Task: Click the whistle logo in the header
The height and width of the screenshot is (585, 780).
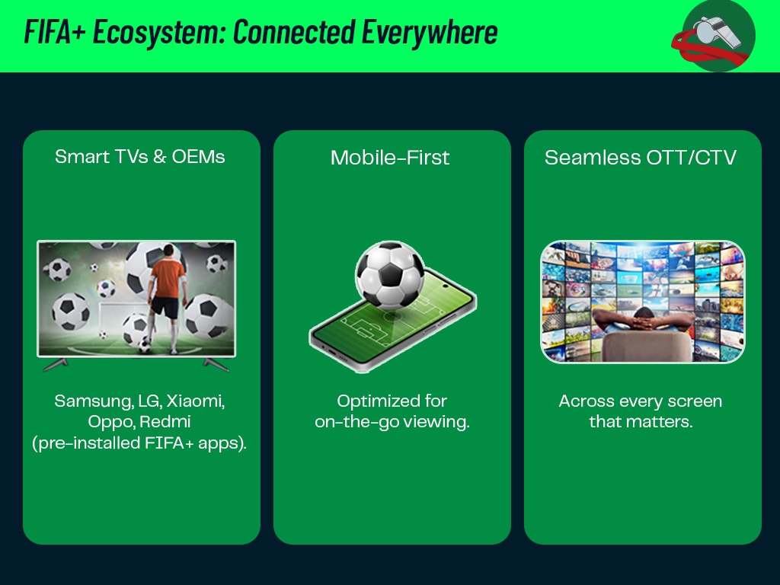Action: click(716, 35)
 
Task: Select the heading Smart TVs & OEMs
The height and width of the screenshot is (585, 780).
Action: click(140, 157)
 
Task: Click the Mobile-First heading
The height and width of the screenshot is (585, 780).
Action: click(390, 158)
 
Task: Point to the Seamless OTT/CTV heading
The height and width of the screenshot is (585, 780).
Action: click(641, 158)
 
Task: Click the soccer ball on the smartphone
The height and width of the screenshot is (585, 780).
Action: click(389, 275)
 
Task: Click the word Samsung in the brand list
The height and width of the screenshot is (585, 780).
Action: click(84, 401)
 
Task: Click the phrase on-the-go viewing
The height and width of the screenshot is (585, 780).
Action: click(392, 422)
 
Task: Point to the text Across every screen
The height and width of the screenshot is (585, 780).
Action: click(641, 401)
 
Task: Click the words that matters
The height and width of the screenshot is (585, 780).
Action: click(641, 422)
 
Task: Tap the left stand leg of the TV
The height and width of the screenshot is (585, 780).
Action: click(55, 365)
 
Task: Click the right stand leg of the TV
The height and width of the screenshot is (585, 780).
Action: click(216, 365)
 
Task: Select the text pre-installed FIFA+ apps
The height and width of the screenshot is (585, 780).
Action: click(140, 443)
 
